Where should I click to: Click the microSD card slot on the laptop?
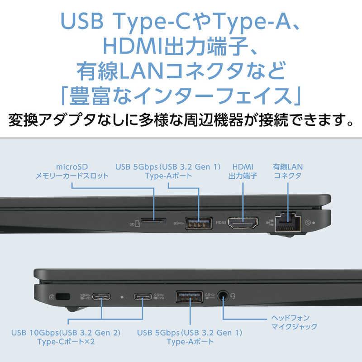tap(153, 222)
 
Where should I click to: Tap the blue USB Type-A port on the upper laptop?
tap(198, 223)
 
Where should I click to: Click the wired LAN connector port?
tap(287, 222)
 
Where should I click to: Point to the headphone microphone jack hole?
tap(223, 297)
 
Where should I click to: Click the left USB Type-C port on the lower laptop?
tap(101, 297)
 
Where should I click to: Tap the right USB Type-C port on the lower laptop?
tap(143, 297)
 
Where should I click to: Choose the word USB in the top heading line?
tap(87, 21)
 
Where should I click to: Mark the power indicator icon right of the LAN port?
tap(309, 223)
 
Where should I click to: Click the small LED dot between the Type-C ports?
tap(122, 297)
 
